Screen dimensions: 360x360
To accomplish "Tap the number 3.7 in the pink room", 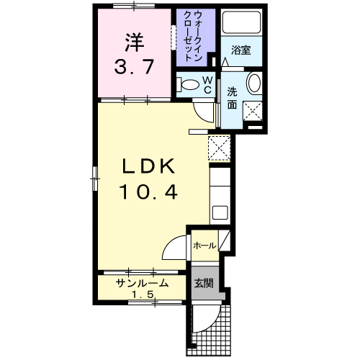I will click(x=132, y=69).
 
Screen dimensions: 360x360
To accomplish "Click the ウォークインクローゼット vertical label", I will click(x=194, y=37).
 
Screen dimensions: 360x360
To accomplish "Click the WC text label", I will click(x=206, y=84).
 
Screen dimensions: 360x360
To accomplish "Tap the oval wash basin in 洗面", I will click(x=254, y=84).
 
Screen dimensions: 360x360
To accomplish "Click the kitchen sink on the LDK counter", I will click(x=220, y=212).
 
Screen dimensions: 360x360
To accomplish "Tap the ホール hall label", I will click(x=204, y=246).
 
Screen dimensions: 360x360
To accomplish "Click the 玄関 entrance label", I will click(x=204, y=284).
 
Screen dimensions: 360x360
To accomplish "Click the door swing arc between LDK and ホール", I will click(x=175, y=251).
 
